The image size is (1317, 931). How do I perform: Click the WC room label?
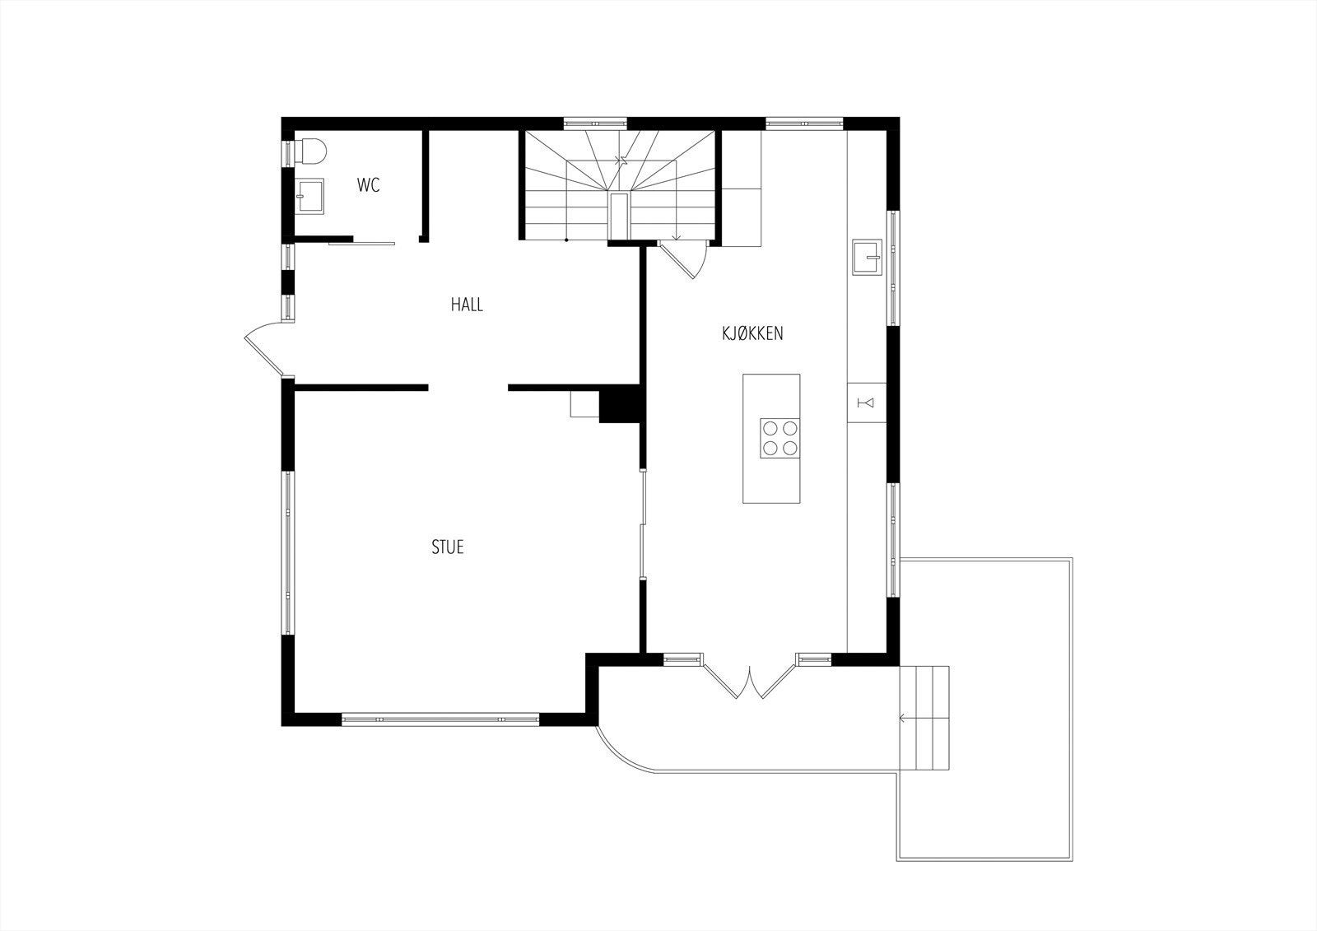[368, 185]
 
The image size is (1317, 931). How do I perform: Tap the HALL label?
[467, 305]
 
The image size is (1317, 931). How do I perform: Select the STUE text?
[448, 547]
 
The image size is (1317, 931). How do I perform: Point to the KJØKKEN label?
[752, 333]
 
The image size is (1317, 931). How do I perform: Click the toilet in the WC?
[312, 151]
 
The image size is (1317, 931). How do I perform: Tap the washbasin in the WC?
[310, 196]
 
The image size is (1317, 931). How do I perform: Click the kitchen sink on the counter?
[867, 256]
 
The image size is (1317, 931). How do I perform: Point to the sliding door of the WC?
[361, 243]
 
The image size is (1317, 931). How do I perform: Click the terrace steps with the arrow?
[926, 718]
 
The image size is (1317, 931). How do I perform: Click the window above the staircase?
[596, 124]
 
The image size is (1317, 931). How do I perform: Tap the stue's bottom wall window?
[440, 719]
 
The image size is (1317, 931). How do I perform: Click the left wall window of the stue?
[288, 552]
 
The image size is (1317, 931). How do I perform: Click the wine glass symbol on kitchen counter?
[867, 402]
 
